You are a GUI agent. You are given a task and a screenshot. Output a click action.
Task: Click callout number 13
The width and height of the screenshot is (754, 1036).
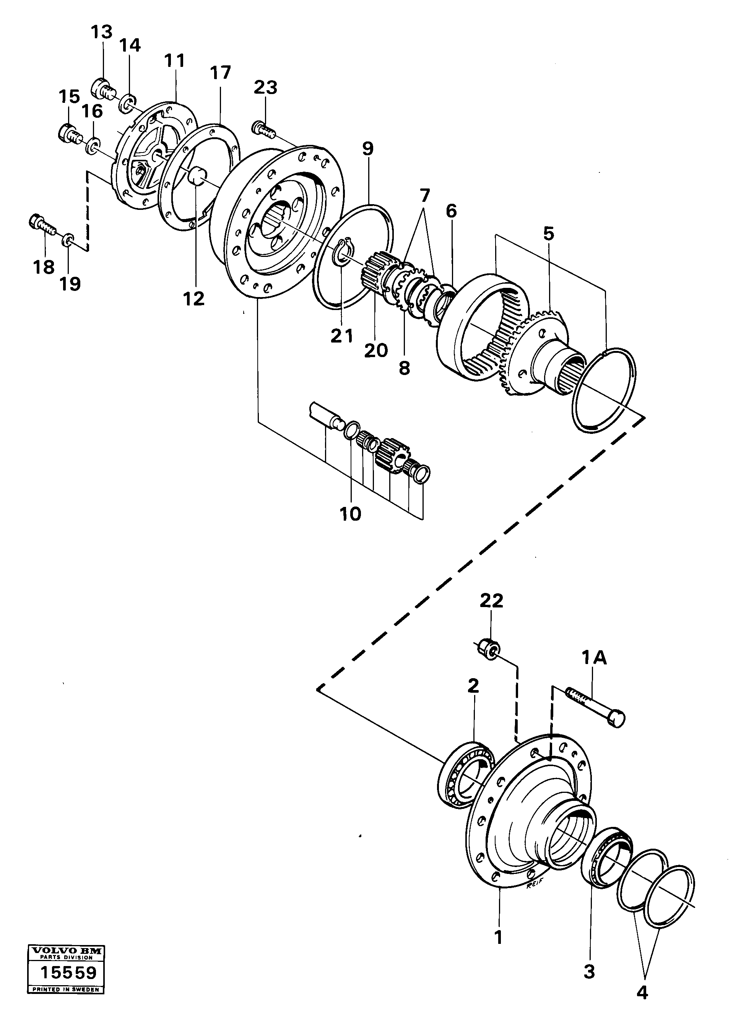[101, 33]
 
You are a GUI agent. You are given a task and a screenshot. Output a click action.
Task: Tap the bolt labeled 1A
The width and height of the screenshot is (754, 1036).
[594, 708]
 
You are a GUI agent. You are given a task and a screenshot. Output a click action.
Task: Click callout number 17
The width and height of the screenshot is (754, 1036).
[220, 73]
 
